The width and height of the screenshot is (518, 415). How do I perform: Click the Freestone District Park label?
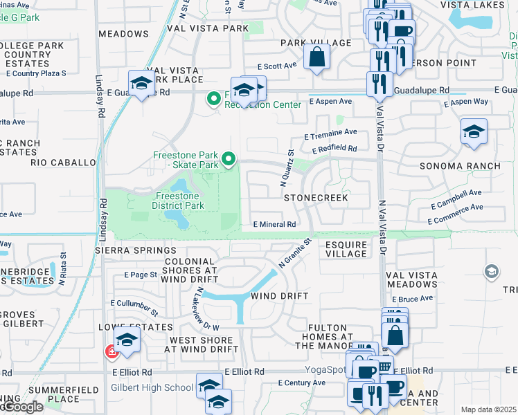(x=179, y=201)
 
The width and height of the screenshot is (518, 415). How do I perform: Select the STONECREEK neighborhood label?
(x=315, y=198)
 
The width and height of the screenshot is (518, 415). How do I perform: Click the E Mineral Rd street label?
(x=275, y=225)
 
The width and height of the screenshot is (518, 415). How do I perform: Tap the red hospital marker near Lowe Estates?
(x=111, y=352)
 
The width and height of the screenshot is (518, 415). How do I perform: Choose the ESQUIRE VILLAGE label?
(x=346, y=249)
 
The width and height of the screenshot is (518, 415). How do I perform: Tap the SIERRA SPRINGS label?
(x=137, y=250)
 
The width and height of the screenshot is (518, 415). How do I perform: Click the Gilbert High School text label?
(x=152, y=387)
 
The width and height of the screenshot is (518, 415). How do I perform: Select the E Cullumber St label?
(x=134, y=303)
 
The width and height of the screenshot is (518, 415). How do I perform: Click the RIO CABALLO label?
(x=63, y=163)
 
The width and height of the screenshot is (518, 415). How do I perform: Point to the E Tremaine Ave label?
(x=330, y=132)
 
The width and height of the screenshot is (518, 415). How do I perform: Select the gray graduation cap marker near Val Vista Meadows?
(x=492, y=270)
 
